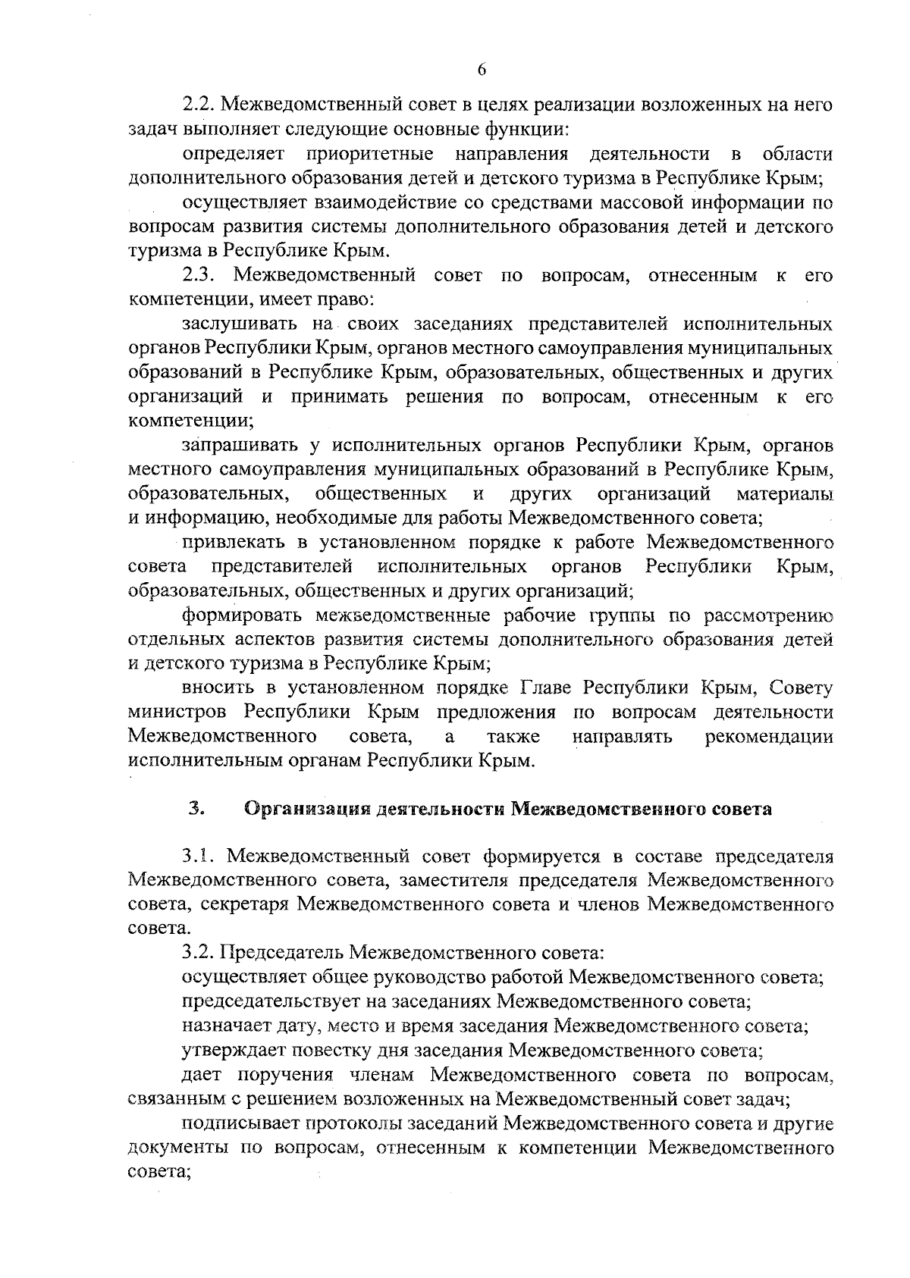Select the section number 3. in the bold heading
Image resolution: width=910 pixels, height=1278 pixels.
196,808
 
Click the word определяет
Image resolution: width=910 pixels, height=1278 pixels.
233,155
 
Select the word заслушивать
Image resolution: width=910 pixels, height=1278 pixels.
237,325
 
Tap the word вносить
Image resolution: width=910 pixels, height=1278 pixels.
215,688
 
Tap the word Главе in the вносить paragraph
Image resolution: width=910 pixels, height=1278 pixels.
548,688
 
